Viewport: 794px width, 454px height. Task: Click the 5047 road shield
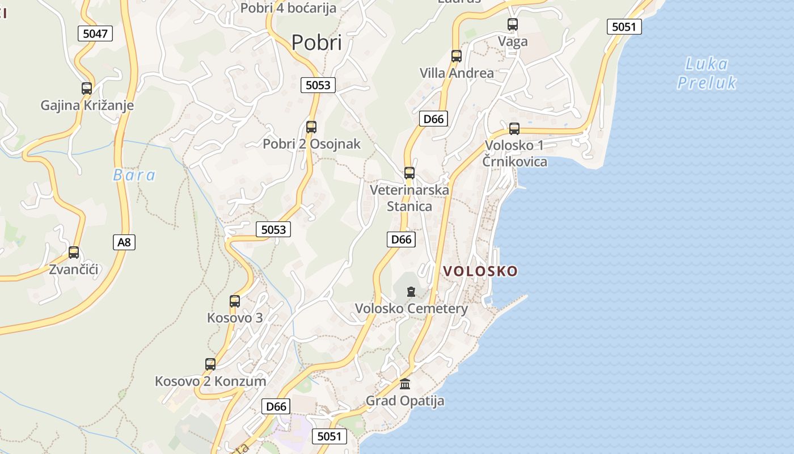pos(95,33)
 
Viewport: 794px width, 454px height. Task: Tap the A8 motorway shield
pos(124,242)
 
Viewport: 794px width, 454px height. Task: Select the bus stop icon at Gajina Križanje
pos(87,89)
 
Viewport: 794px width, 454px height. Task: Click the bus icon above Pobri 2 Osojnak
pos(311,127)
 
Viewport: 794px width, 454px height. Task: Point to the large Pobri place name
pos(316,43)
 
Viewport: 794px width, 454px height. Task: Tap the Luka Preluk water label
pos(707,73)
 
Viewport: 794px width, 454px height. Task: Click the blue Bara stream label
pos(134,175)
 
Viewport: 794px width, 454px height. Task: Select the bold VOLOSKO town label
pos(480,271)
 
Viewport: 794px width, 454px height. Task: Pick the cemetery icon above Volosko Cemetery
pos(411,292)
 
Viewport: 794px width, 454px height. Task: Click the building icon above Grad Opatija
pos(405,384)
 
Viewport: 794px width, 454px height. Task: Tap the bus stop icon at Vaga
pos(513,24)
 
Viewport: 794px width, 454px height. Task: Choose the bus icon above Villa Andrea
pos(457,56)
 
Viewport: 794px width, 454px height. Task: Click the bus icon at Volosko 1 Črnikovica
pos(514,129)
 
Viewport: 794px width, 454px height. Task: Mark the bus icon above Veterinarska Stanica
pos(409,173)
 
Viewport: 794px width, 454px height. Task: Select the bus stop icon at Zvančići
pos(74,253)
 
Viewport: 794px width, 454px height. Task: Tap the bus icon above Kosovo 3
pos(235,301)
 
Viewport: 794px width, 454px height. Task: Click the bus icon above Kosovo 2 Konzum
pos(210,364)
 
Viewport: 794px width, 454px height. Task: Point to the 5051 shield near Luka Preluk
pos(624,27)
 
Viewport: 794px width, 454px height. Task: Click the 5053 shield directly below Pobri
pos(318,85)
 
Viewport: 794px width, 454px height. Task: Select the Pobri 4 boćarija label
pos(288,8)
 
